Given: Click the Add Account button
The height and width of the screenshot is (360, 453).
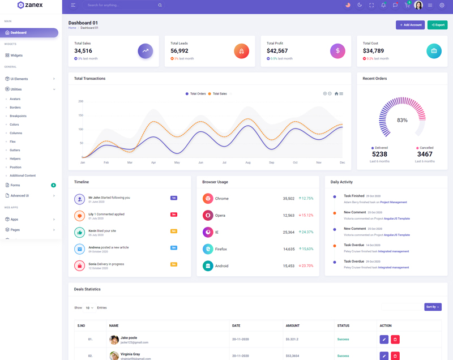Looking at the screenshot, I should (410, 25).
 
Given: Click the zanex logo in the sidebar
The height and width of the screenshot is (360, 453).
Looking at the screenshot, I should (30, 5).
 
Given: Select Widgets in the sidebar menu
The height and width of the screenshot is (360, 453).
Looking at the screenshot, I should (16, 55).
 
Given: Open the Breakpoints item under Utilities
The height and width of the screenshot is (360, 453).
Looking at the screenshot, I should (18, 116).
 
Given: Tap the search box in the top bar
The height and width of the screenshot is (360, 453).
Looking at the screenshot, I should (122, 5).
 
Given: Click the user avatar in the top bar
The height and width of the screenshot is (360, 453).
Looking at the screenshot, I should (418, 5).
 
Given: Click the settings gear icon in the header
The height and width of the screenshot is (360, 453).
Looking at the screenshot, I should (442, 5).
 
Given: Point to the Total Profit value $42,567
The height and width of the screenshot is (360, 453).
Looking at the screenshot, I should (277, 51).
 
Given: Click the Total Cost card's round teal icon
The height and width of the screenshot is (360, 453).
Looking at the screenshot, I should (434, 51).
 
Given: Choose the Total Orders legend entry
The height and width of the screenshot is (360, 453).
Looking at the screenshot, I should (196, 94).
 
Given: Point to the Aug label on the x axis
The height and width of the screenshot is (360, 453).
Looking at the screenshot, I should (248, 162).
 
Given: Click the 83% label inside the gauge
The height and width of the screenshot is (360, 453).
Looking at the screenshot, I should (402, 120).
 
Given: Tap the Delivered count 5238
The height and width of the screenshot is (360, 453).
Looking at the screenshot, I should (379, 154).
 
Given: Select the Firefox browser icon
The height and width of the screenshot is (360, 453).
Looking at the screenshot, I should (208, 249).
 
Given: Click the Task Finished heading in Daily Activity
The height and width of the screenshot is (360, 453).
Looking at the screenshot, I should (354, 196).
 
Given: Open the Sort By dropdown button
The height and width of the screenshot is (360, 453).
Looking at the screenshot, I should (433, 307).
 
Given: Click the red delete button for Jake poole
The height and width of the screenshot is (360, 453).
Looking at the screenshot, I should (395, 339).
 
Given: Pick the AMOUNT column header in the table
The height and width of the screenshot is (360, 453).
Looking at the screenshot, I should (293, 325).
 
